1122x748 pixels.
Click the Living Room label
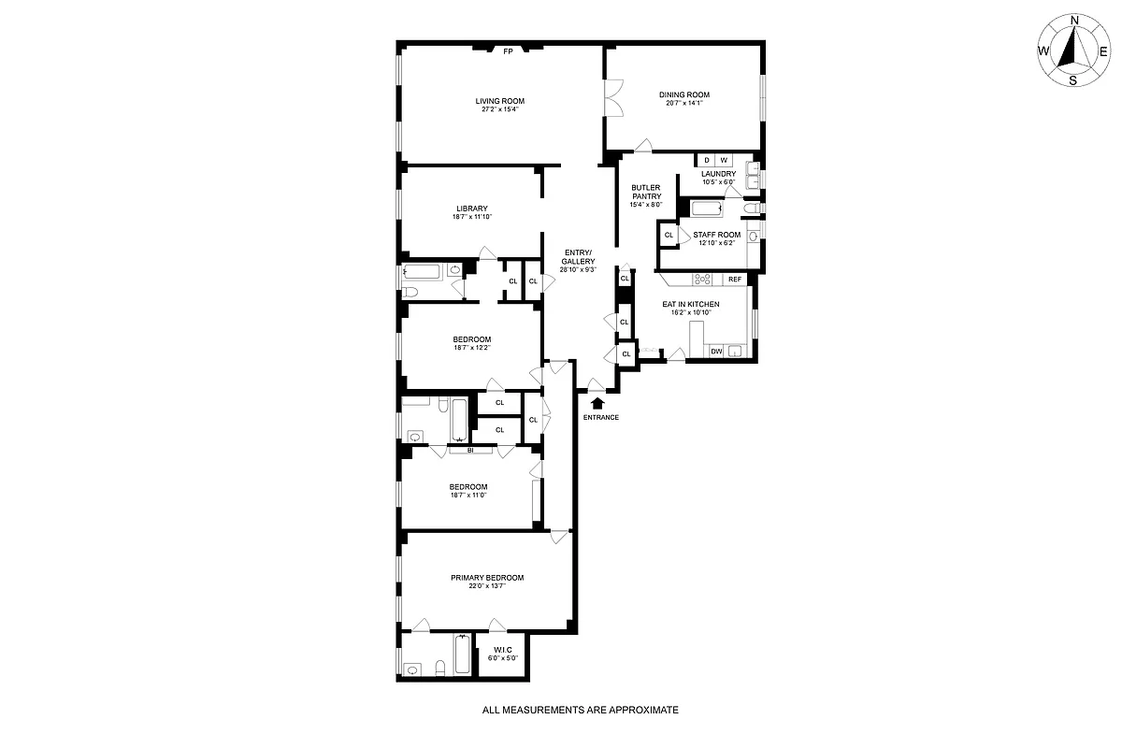coord(499,101)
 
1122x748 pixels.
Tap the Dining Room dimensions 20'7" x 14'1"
coord(684,103)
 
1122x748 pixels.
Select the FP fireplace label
coord(509,51)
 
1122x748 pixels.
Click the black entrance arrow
coord(599,402)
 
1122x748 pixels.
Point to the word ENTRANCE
coord(600,417)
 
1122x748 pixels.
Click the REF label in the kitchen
coord(735,279)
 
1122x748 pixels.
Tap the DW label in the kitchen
coord(716,352)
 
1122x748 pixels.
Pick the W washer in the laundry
coord(724,160)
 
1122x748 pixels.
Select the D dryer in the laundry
coord(706,160)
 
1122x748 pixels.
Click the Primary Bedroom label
coord(486,578)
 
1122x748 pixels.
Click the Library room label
coord(472,209)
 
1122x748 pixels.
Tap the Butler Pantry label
coord(646,192)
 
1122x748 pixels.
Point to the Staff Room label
coord(716,235)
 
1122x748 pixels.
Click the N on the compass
coord(1074,20)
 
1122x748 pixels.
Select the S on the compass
coord(1073,79)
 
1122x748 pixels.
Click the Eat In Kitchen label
coord(691,304)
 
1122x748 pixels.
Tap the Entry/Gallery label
coord(577,256)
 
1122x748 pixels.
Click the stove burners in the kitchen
coord(704,279)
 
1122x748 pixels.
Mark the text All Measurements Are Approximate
coord(580,711)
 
